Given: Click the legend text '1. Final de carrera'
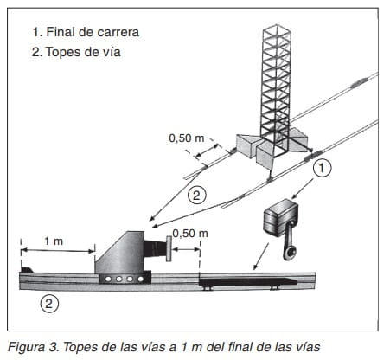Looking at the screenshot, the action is [x=86, y=32].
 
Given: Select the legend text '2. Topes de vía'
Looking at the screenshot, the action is [x=76, y=52].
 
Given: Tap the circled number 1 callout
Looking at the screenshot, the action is [x=322, y=167].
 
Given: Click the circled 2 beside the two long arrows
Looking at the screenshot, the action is [x=197, y=196].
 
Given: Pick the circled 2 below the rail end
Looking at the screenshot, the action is [x=49, y=304].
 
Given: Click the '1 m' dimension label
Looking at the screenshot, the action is [x=54, y=241].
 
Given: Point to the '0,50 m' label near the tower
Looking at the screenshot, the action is [x=187, y=138].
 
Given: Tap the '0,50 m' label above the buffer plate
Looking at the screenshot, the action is [x=190, y=233].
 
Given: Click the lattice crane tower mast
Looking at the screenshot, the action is [x=275, y=87].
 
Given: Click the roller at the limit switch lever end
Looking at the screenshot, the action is [x=291, y=253].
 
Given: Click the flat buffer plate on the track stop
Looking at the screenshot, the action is [x=169, y=248].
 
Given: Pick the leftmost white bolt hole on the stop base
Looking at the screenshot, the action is [x=108, y=279].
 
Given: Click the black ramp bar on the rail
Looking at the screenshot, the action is [x=248, y=282].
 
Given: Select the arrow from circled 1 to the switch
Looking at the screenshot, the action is [x=303, y=189].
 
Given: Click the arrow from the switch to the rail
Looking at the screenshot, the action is [x=260, y=256].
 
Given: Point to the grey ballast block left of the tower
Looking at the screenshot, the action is [x=246, y=145].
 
